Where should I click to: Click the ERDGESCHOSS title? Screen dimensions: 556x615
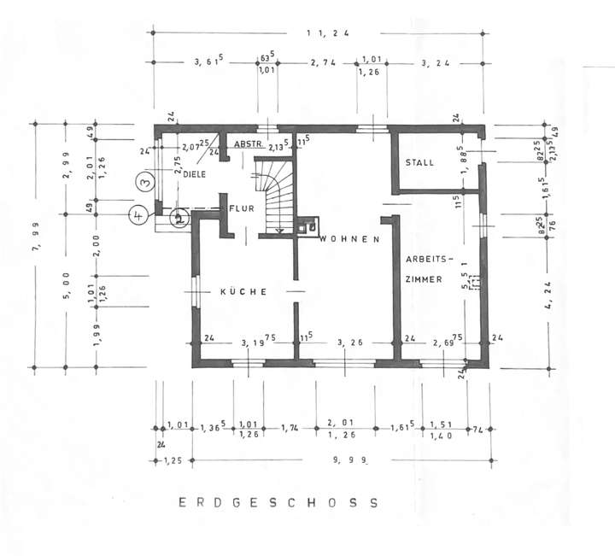278,503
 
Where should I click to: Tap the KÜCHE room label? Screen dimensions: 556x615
244,292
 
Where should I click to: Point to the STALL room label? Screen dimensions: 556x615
420,162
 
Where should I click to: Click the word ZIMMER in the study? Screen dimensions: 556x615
424,279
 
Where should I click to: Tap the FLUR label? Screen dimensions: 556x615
236,208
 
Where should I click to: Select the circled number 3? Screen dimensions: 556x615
146,181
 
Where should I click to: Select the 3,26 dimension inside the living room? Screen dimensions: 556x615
350,342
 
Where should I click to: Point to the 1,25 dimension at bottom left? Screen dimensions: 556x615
175,460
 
